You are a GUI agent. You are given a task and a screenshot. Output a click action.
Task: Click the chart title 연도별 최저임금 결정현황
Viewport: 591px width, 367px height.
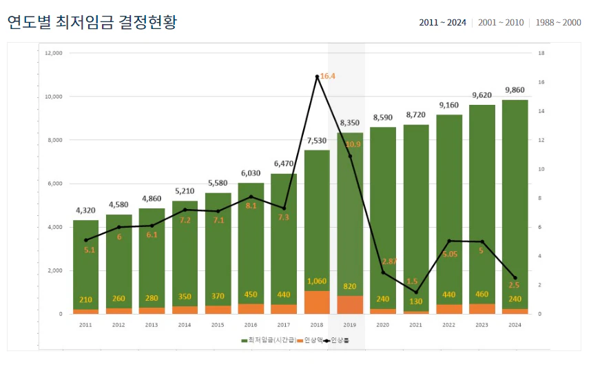coord(92,22)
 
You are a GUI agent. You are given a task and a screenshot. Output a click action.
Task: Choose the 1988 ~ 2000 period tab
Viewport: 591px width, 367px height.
coord(557,23)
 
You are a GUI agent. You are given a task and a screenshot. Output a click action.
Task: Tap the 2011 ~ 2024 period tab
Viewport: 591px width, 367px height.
coord(442,23)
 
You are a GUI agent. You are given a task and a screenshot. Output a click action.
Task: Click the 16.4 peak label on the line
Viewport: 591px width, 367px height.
coord(328,76)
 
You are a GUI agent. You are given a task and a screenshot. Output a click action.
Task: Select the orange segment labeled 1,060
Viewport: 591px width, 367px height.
coord(317,301)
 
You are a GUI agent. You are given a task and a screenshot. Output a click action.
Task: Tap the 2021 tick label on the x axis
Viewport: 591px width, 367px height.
coord(415,324)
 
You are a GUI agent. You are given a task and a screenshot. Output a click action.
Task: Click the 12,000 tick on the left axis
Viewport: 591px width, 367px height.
coord(54,53)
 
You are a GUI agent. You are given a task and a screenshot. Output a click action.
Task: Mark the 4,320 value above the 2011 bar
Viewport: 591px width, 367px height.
coord(85,211)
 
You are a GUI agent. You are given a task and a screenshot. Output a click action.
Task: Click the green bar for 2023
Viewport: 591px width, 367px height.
coord(481,207)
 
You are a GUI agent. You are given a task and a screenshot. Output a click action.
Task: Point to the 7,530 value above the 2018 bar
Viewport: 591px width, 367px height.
coord(317,141)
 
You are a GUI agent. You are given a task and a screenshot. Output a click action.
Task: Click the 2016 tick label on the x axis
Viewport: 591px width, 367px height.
coord(251,324)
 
